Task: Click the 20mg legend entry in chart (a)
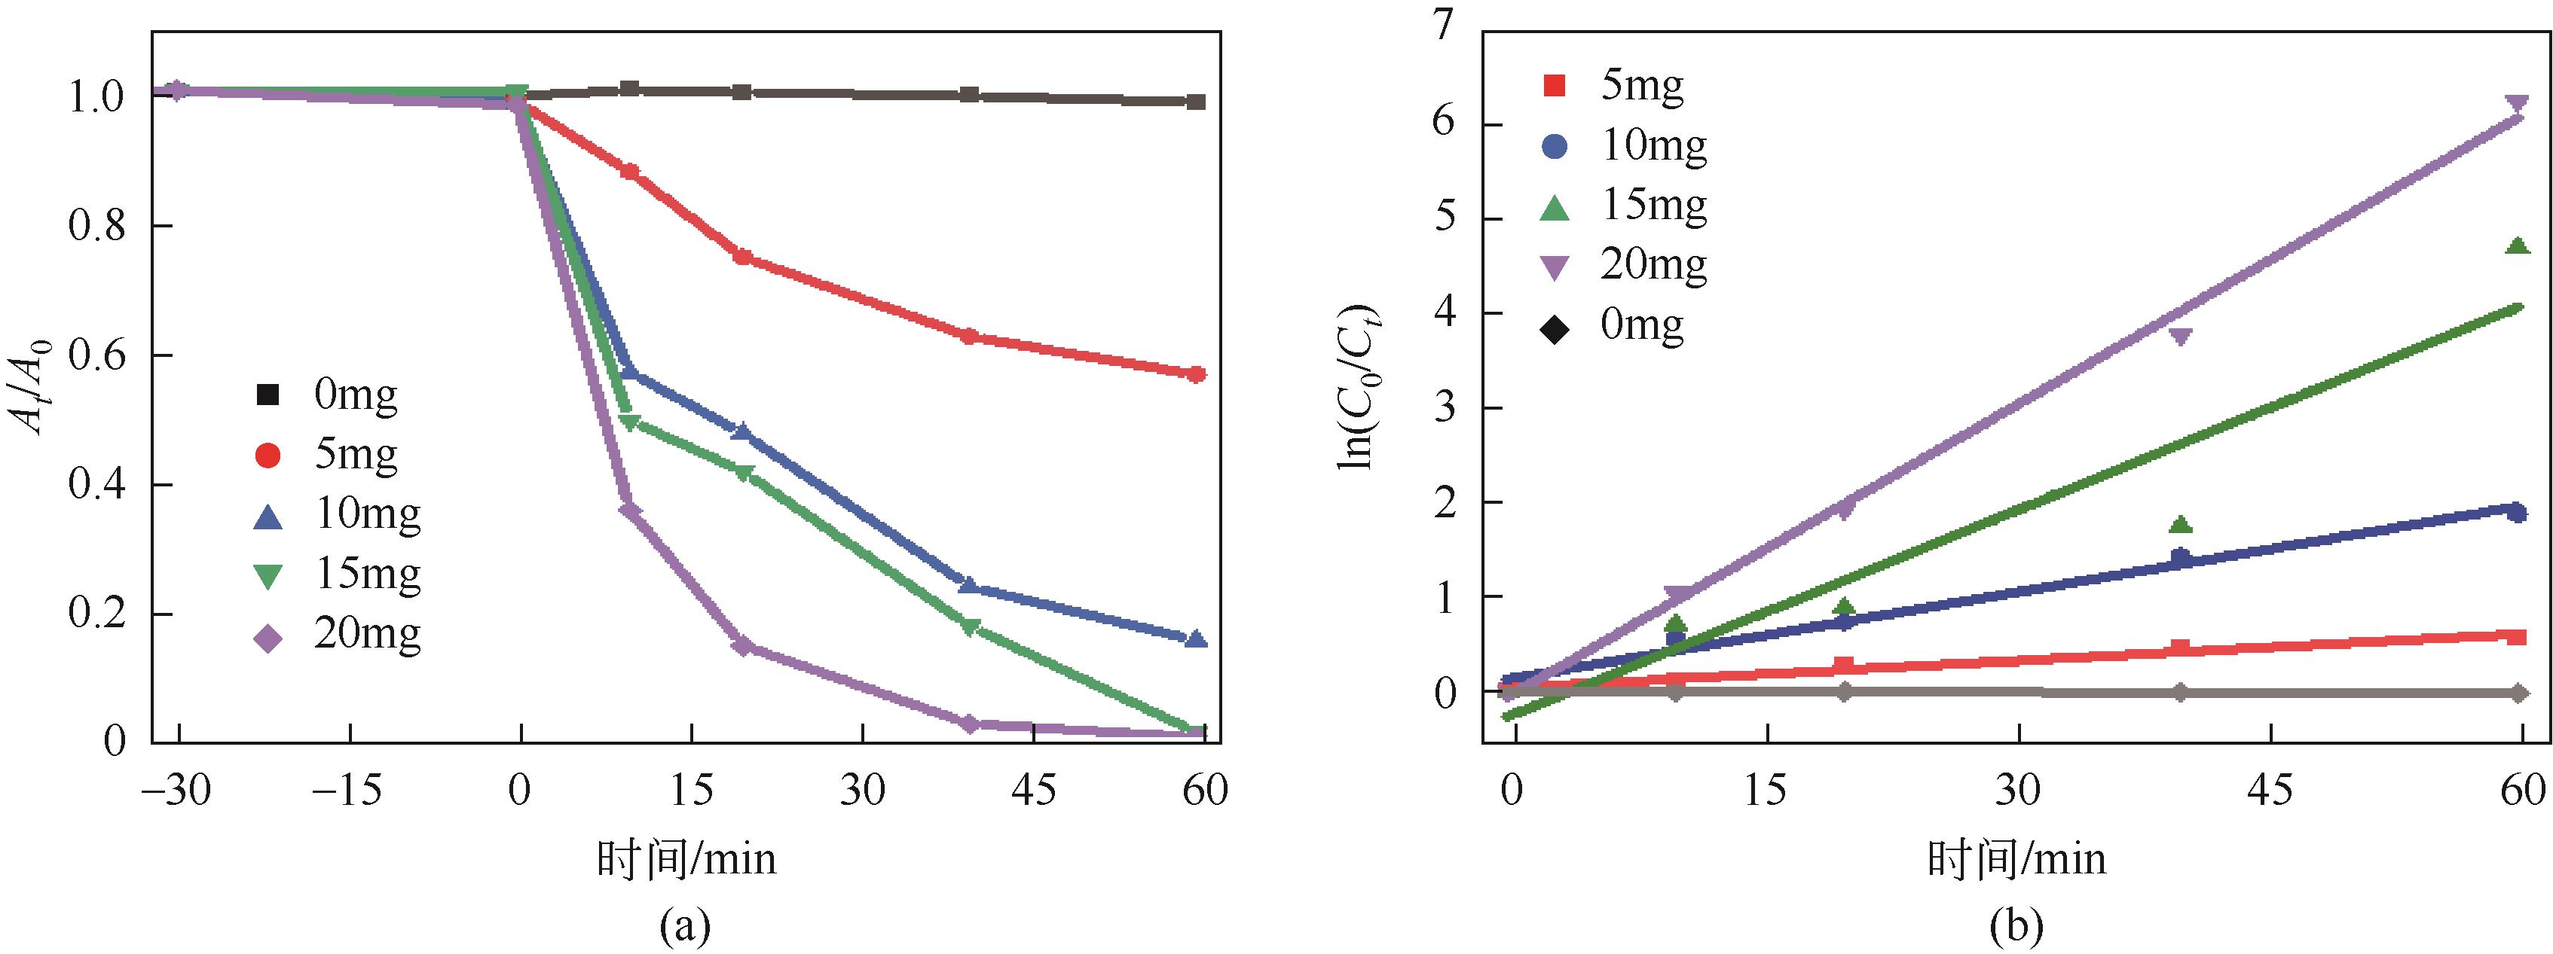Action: pos(337,635)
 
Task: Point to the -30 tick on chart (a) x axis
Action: pos(176,791)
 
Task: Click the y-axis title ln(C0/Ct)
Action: pos(1359,386)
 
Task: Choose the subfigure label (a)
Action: pos(685,926)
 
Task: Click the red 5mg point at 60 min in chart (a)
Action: pos(1196,374)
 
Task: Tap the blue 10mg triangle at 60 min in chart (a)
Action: pos(1196,639)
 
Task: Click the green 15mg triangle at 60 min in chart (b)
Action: pos(2518,245)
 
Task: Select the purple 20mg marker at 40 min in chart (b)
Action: pos(2180,337)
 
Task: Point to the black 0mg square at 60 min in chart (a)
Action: pos(1196,102)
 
